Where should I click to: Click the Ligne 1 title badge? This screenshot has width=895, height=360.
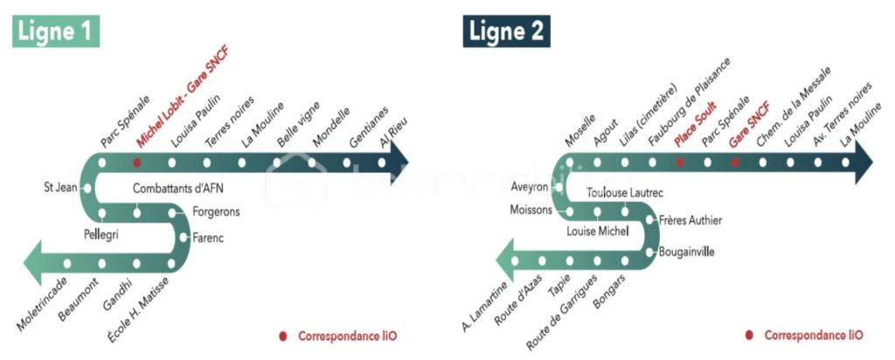point(56,31)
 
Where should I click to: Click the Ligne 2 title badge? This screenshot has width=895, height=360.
point(506,31)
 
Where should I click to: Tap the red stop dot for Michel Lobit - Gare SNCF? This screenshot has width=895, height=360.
point(137,163)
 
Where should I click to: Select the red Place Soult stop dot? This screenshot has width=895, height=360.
point(680,163)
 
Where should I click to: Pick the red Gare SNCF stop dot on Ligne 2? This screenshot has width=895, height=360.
point(735,163)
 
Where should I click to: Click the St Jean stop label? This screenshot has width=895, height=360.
point(60,187)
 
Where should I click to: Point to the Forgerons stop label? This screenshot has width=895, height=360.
point(216,212)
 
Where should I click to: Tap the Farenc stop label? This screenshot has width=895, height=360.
point(208,238)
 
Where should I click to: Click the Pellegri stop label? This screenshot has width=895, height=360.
point(101,233)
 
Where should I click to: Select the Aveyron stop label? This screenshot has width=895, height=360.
point(530,187)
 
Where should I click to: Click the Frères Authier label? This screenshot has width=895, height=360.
point(690,220)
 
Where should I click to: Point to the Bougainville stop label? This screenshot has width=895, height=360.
point(686,252)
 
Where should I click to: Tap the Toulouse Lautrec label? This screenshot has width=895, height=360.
point(625,193)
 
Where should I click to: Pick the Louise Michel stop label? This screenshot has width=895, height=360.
point(597,232)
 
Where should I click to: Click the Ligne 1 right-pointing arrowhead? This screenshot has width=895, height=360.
point(399,162)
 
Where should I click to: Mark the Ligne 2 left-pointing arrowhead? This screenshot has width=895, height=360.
point(504,261)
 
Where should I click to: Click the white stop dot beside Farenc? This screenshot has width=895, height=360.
point(184,238)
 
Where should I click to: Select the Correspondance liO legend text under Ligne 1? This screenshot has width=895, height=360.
point(347,336)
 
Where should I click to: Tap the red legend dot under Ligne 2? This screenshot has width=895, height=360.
point(749,336)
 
